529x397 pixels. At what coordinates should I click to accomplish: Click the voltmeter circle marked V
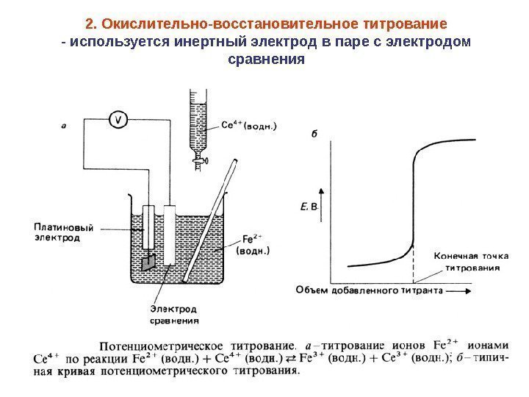tap(119, 121)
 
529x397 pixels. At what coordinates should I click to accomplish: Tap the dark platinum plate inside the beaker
tap(150, 262)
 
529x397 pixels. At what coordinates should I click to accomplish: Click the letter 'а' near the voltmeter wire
tap(64, 126)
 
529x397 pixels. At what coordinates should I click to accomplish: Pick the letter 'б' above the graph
tap(314, 133)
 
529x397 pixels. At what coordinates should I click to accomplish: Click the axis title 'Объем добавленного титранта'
tap(369, 290)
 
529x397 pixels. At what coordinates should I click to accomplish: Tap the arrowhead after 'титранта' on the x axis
tap(463, 290)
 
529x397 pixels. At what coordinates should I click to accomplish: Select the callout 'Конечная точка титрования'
tap(467, 262)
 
